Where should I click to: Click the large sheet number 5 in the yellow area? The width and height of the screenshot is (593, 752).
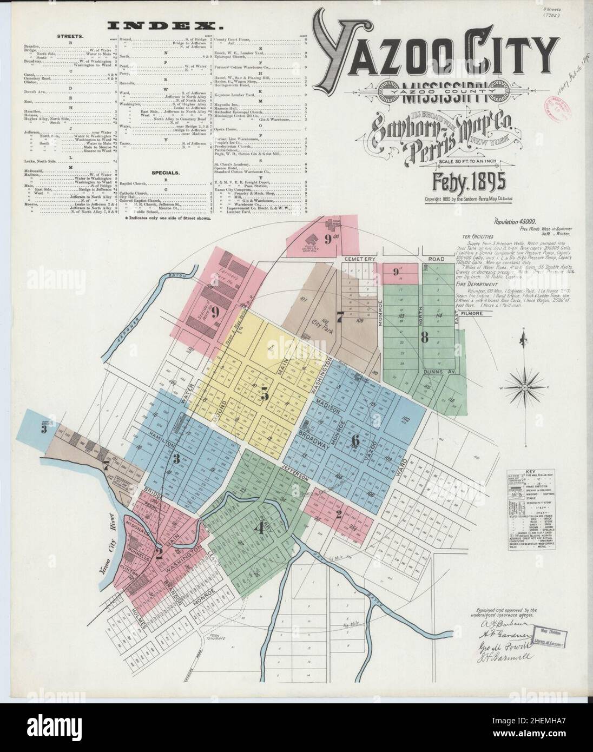pos(264,394)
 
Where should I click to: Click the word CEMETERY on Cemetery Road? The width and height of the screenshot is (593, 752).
pos(360,259)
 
